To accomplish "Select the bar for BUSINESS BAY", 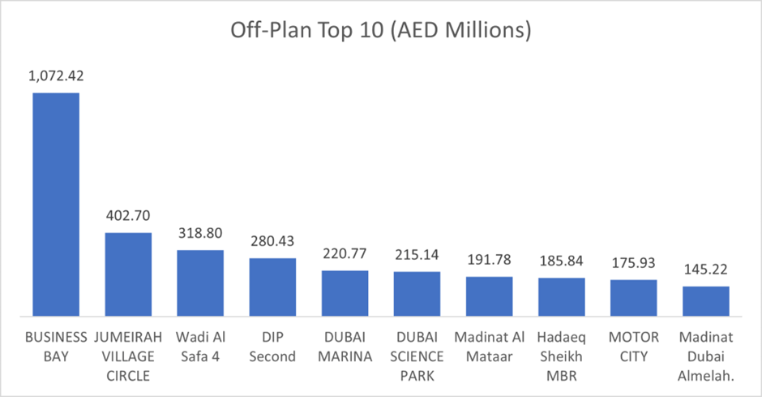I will coord(56,204).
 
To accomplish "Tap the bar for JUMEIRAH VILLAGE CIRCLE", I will coord(128,274).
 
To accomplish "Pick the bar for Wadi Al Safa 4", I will coord(200,283).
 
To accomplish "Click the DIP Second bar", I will coord(272,287).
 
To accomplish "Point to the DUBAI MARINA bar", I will coord(345,292).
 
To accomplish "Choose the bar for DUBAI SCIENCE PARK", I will coord(417,293).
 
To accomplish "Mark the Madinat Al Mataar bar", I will coord(489,296).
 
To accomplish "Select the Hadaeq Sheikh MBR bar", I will coord(561,296).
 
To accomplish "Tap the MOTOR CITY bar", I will coord(633,297).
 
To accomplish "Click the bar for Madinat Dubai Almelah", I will coord(705,300).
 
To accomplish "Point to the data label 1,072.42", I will coord(56,77).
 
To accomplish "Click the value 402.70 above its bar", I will coord(128,217).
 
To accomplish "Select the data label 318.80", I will coord(200,234).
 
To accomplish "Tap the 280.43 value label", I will coord(272,242).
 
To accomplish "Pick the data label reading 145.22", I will coord(705,270).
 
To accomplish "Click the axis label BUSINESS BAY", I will coord(56,346).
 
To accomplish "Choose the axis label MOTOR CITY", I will coord(633,346).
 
